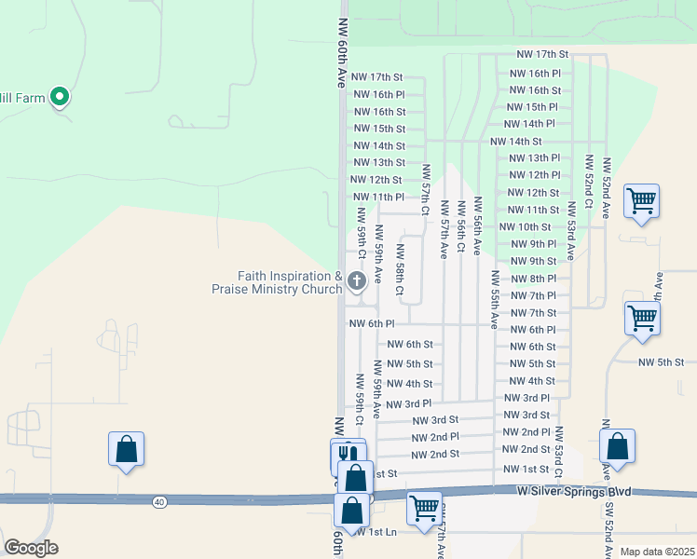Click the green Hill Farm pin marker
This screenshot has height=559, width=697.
pyautogui.click(x=60, y=95)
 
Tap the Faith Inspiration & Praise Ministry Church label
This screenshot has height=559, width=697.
pyautogui.click(x=277, y=282)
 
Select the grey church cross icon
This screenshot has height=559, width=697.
pyautogui.click(x=356, y=280)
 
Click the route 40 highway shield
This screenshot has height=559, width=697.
pyautogui.click(x=160, y=502)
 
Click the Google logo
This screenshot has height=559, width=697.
pyautogui.click(x=32, y=548)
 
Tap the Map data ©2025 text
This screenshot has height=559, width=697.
pyautogui.click(x=657, y=552)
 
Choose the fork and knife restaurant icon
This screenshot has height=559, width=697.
pyautogui.click(x=346, y=453)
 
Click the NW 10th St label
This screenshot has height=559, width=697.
pyautogui.click(x=525, y=226)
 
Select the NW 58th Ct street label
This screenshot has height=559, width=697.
pyautogui.click(x=400, y=269)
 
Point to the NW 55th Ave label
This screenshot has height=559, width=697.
pyautogui.click(x=494, y=300)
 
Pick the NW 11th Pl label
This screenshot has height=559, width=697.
pyautogui.click(x=378, y=197)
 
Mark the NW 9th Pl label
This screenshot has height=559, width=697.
pyautogui.click(x=533, y=244)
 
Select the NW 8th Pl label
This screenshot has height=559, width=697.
pyautogui.click(x=533, y=279)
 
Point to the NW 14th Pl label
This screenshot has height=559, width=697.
pyautogui.click(x=532, y=123)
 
